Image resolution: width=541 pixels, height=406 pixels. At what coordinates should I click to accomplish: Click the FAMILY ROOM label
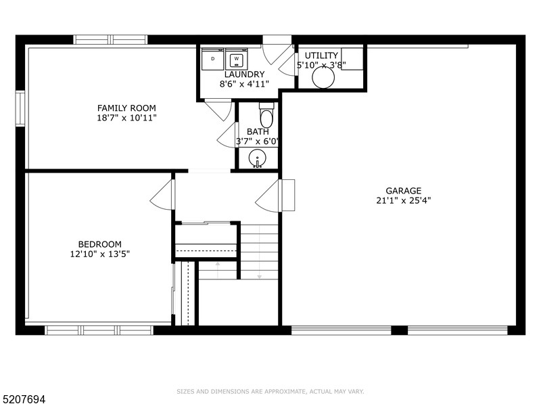126,108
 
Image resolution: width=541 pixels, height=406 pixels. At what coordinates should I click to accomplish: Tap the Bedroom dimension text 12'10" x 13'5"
99,254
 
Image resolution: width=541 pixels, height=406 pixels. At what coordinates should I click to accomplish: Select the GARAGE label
403,191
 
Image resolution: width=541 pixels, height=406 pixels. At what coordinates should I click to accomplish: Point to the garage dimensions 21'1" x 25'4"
403,200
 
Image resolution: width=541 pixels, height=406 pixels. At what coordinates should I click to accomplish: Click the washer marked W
237,59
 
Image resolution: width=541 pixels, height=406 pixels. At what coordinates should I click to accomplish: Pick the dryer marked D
213,59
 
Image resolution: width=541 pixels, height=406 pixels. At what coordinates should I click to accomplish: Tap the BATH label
258,132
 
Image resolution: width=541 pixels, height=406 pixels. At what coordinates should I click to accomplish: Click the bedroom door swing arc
162,196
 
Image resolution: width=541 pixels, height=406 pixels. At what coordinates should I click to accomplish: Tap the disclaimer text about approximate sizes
270,391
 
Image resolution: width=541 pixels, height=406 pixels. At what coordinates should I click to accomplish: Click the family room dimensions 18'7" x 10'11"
126,118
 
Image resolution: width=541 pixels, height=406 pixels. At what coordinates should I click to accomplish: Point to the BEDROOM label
99,244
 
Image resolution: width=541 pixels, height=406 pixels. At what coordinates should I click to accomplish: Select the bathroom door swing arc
227,135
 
